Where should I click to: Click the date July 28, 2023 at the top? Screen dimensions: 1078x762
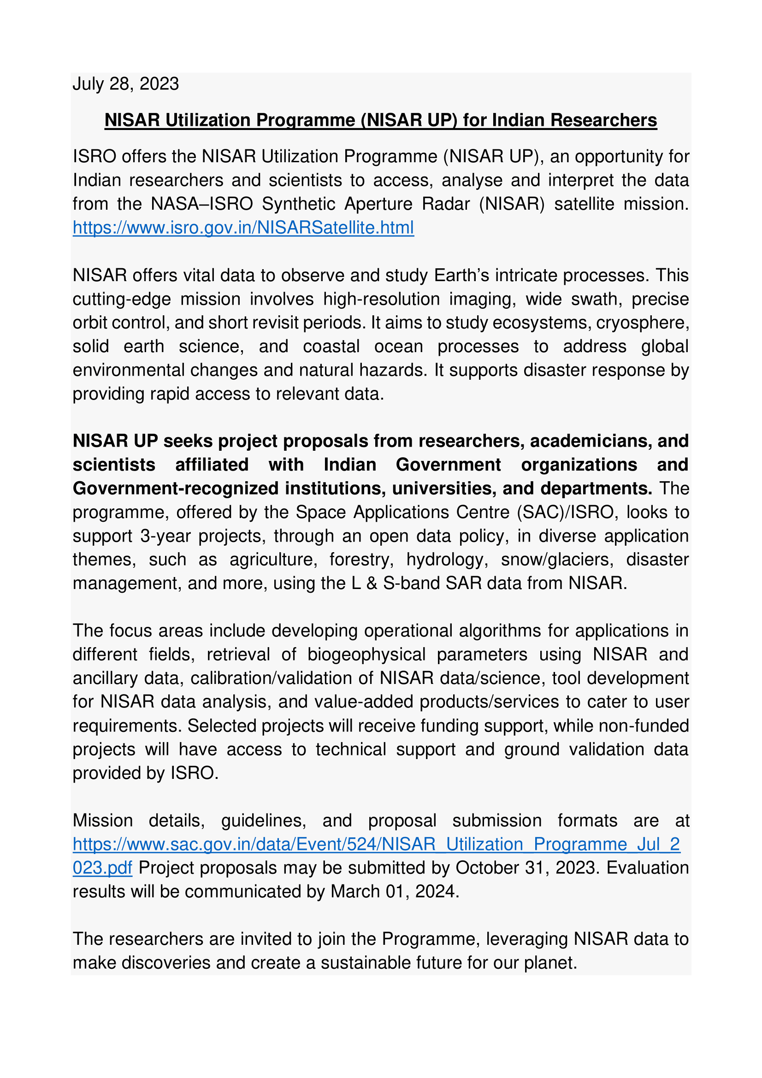(x=125, y=84)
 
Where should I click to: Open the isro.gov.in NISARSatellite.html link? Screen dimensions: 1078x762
(x=243, y=228)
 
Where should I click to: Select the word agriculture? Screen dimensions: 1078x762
(x=271, y=560)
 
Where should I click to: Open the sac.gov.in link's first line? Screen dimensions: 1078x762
(x=376, y=844)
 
